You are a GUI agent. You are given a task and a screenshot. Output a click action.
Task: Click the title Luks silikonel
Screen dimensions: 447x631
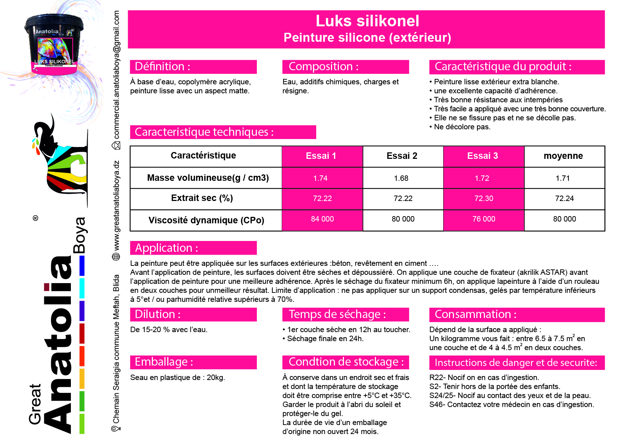(x=367, y=21)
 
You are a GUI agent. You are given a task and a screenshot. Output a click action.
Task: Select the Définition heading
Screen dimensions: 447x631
(x=162, y=67)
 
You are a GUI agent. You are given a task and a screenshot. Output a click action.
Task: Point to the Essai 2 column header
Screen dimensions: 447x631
(x=402, y=156)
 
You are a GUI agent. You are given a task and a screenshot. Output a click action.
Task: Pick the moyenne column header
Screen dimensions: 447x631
(x=563, y=156)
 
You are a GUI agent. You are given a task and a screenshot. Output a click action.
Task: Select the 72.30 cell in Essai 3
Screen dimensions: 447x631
(x=484, y=198)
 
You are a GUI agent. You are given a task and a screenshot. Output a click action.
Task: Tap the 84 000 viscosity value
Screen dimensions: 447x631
(x=322, y=219)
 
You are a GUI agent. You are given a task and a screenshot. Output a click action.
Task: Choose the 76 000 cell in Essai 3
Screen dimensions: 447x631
(x=484, y=219)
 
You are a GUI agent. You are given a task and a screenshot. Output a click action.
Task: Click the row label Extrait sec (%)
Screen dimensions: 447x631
(x=202, y=198)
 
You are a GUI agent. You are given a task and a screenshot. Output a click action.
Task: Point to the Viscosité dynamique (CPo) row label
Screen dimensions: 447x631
(x=206, y=220)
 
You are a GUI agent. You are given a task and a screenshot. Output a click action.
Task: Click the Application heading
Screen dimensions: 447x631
(x=166, y=248)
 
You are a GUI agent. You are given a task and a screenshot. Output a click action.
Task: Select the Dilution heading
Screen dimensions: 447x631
(x=157, y=314)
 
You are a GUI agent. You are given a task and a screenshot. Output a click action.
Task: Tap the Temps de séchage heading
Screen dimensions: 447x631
(x=337, y=314)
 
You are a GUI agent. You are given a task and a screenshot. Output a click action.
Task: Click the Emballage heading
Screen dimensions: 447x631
(x=164, y=362)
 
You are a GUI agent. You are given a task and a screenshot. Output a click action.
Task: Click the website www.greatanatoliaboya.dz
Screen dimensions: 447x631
(x=116, y=206)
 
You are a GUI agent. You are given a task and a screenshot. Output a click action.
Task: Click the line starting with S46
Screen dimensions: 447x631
(x=511, y=404)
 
